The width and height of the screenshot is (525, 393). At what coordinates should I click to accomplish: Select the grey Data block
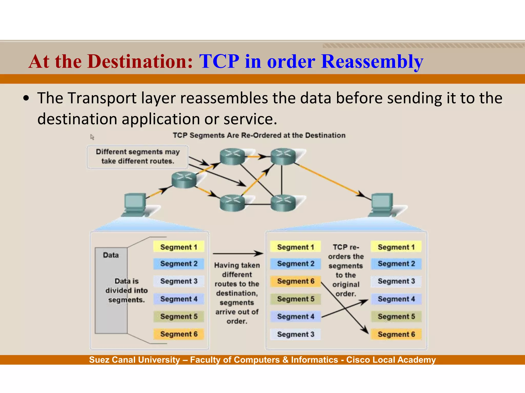[x=111, y=290]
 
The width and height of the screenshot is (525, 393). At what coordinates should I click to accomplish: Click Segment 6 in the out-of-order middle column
[x=295, y=281]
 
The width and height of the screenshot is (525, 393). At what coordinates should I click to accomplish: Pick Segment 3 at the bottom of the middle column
[x=295, y=334]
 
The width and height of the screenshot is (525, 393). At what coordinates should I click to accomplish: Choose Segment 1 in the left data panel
[x=179, y=247]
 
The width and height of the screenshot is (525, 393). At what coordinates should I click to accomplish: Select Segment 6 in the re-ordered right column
[x=396, y=334]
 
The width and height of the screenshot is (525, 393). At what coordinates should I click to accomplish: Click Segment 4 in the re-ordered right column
[x=396, y=299]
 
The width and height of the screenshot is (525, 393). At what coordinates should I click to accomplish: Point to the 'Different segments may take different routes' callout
[x=138, y=157]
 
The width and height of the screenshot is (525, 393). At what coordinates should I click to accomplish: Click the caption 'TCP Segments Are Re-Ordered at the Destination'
[x=259, y=135]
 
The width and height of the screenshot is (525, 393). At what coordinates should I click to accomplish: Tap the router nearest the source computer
[x=184, y=180]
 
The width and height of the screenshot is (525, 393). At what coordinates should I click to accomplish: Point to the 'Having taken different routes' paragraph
[x=237, y=293]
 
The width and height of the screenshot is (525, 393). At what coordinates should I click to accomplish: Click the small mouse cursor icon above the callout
[x=92, y=137]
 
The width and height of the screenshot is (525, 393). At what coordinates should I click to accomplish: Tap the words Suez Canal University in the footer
[x=135, y=360]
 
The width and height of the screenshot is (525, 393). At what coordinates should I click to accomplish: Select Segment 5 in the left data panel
[x=179, y=316]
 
